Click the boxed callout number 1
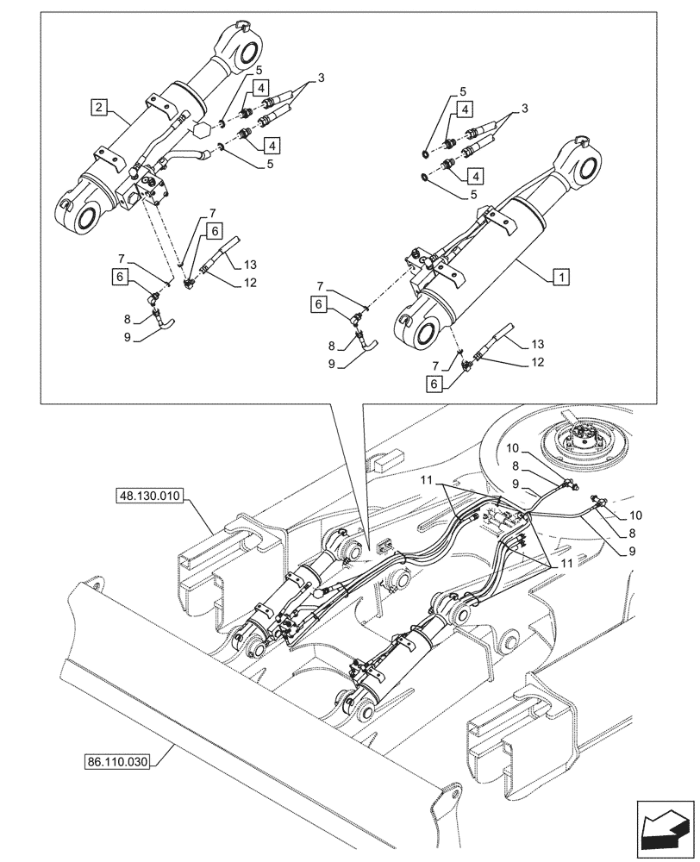pos(561,278)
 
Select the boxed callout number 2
pos(101,108)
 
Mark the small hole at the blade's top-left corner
pos(93,586)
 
